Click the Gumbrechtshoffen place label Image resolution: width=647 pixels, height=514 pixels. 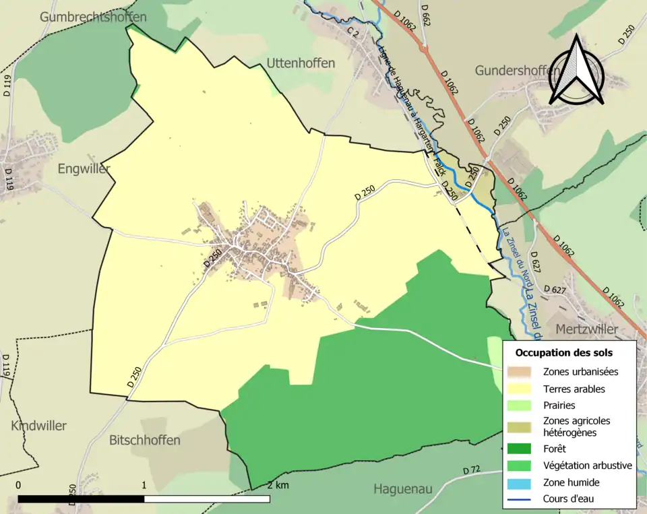[92, 17]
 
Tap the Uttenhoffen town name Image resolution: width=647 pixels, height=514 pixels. [301, 63]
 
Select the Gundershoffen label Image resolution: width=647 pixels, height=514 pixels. [517, 71]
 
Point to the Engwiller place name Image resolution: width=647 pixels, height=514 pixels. [84, 169]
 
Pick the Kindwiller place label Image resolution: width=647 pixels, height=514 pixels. [38, 426]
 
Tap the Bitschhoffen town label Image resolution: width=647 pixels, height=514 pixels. [145, 440]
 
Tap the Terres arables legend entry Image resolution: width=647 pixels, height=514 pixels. [574, 389]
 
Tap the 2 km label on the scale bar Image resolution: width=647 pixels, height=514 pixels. [278, 486]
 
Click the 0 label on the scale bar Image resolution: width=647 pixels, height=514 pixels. [18, 485]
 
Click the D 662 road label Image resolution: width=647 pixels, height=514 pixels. [425, 14]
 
